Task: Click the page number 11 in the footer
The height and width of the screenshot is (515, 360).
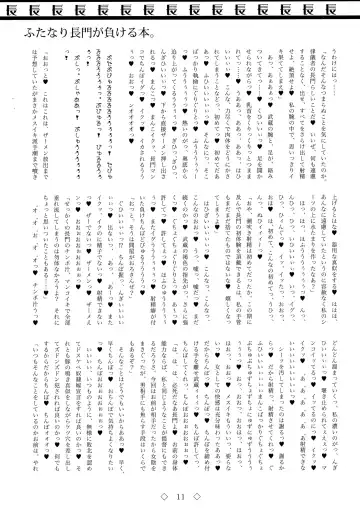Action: [x=180, y=498]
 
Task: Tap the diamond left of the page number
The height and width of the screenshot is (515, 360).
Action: [x=163, y=498]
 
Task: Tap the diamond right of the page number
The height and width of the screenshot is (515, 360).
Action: [x=197, y=498]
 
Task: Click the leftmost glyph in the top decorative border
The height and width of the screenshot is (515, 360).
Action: [x=21, y=9]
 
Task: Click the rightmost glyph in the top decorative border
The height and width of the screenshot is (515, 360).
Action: [x=339, y=9]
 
